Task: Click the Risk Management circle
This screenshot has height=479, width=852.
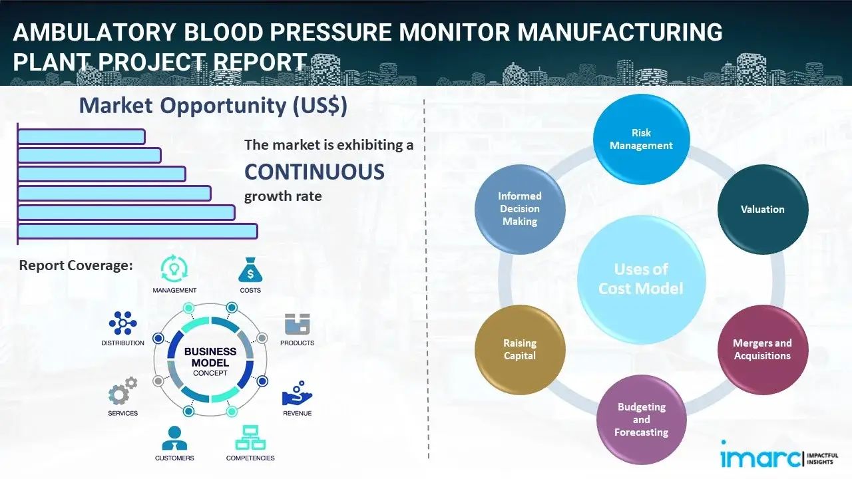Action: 641,140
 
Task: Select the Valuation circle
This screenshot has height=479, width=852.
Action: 762,209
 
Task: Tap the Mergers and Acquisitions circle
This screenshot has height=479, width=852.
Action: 762,349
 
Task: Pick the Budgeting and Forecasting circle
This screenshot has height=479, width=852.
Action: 641,420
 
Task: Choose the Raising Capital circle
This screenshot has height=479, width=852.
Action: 520,349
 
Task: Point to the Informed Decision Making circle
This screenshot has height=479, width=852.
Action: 520,209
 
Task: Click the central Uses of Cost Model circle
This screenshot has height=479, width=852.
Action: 641,279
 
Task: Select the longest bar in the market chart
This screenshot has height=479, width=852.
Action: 137,231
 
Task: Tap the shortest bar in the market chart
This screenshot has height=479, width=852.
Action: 81,136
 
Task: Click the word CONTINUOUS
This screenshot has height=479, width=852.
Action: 314,172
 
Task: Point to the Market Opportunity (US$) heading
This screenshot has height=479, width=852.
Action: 213,106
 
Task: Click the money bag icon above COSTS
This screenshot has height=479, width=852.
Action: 250,270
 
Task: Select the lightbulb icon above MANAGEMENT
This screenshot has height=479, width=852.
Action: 174,268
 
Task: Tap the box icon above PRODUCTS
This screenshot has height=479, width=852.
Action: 298,324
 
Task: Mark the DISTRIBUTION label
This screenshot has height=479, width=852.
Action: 122,343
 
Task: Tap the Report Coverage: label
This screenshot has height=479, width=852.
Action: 76,265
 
